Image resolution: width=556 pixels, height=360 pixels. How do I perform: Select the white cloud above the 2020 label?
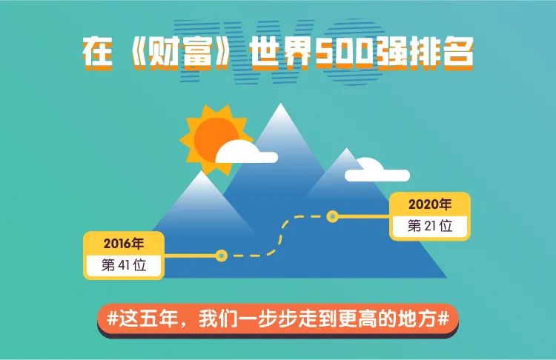(x=377, y=170)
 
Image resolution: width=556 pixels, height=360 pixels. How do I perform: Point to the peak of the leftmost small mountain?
(x=201, y=172)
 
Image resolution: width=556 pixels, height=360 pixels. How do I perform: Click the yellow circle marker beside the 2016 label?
(x=222, y=255)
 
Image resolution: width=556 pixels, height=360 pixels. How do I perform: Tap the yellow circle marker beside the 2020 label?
(x=333, y=216)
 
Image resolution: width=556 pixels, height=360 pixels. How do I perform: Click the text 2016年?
(x=124, y=244)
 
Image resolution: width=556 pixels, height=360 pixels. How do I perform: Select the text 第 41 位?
(x=124, y=265)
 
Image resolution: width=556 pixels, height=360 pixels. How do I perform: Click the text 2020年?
(x=430, y=204)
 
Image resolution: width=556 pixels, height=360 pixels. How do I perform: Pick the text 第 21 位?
(x=430, y=226)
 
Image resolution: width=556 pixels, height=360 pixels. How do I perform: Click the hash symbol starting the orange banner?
(x=113, y=319)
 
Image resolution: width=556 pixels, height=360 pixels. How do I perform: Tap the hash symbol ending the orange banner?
(x=443, y=319)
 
